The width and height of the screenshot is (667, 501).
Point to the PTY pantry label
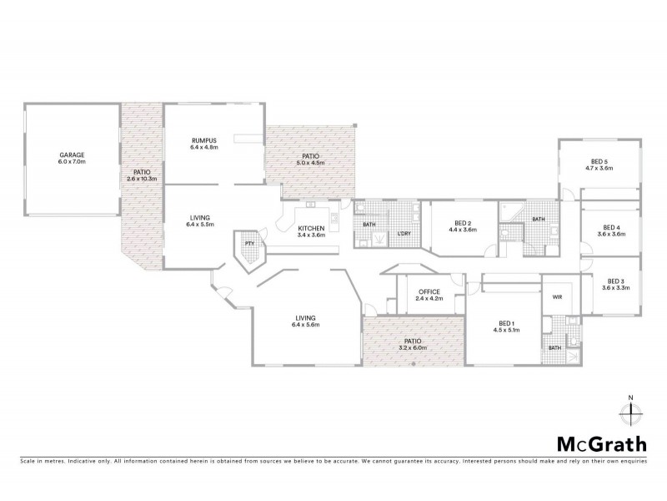point(248,243)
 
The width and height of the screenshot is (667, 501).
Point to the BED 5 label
point(599,164)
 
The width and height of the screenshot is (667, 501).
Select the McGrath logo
point(600,442)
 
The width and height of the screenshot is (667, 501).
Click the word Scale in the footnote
point(28,461)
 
